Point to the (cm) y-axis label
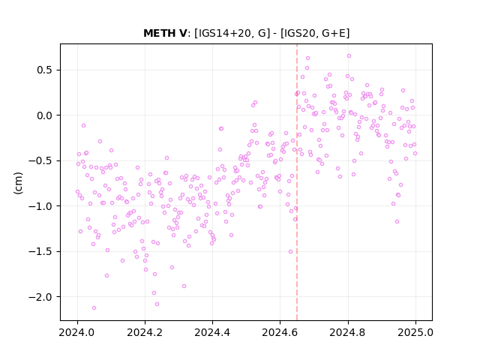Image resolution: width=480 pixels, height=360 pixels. [18, 183]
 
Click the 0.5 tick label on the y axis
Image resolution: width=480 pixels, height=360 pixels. [46, 70]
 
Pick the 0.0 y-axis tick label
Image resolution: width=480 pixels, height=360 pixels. [46, 115]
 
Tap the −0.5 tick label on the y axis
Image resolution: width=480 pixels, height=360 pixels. [42, 160]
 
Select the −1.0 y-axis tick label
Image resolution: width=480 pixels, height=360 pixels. [42, 206]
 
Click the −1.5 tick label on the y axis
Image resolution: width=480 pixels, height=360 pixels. [42, 251]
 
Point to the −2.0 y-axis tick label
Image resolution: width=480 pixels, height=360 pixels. [42, 297]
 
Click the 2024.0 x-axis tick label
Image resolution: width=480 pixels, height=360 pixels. [77, 332]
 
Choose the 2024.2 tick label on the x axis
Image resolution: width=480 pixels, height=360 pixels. [145, 332]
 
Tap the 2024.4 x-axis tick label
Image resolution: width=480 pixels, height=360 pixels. [212, 332]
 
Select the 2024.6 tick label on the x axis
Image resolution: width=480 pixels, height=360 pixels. [280, 332]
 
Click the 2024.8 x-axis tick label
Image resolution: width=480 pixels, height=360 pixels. [348, 332]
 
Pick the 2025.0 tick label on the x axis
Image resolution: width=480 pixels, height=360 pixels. [415, 332]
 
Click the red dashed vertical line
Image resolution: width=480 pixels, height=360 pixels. [297, 182]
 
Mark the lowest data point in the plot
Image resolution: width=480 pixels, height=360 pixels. [94, 307]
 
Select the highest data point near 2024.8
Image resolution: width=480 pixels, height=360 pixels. [349, 55]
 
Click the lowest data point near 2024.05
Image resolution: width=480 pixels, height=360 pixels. [94, 307]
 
